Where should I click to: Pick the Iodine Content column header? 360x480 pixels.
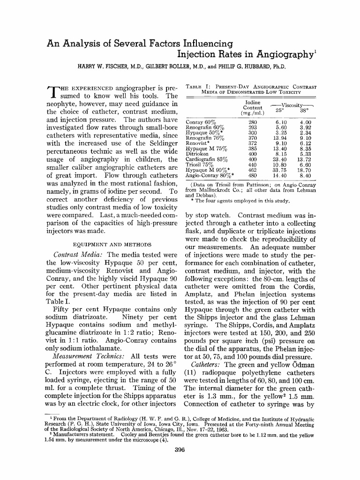click(252, 107)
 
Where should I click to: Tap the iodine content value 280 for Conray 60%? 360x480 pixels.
click(253, 122)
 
